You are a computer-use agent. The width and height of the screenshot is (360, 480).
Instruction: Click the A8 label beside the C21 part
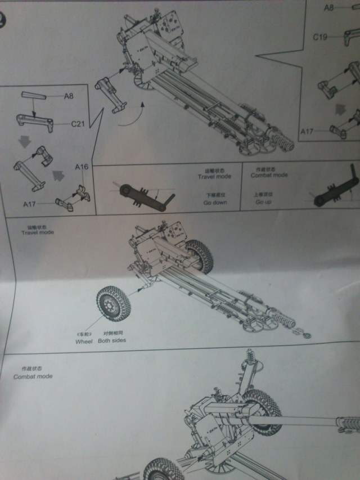[x=69, y=96]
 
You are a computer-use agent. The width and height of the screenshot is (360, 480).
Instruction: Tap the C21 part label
[x=78, y=123]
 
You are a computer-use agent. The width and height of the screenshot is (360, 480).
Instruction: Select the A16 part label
[x=82, y=167]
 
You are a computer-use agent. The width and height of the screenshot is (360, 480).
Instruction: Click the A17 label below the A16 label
[x=30, y=203]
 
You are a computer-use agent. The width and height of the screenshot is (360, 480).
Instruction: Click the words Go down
[x=215, y=202]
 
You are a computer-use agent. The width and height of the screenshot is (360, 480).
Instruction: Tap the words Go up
[x=264, y=202]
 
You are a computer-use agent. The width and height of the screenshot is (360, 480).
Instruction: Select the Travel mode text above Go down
[x=214, y=176]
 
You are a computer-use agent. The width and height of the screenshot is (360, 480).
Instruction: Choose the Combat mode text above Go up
[x=269, y=175]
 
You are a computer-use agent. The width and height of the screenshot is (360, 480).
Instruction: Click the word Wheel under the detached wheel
[x=83, y=341]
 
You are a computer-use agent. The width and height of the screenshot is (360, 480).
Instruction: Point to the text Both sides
[x=111, y=340]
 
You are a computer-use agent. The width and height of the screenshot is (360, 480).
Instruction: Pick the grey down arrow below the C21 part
[x=23, y=142]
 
